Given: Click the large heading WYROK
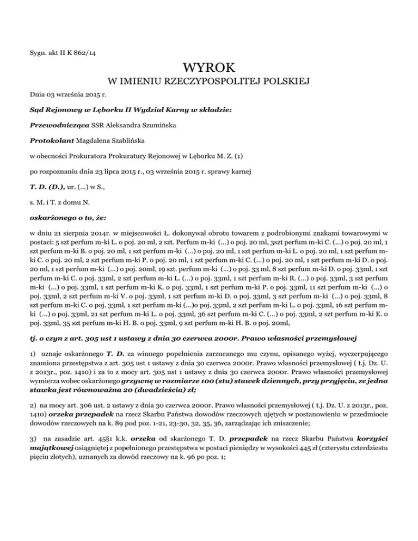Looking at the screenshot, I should point(209,69).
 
